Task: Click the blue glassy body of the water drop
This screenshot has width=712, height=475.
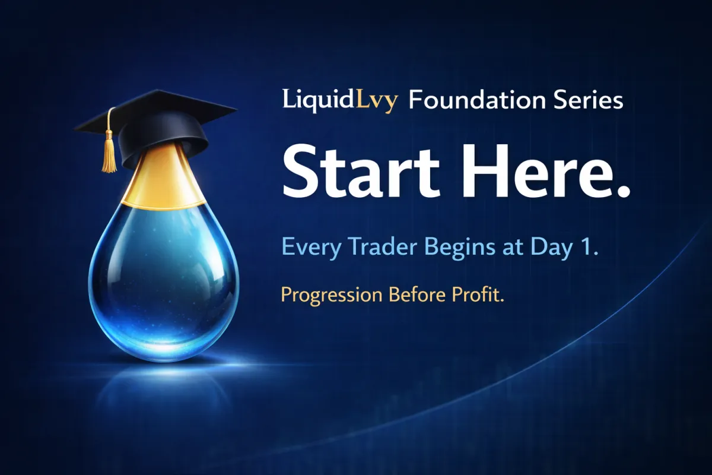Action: [x=163, y=279]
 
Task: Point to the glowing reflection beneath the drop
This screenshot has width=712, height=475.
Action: [x=163, y=371]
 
